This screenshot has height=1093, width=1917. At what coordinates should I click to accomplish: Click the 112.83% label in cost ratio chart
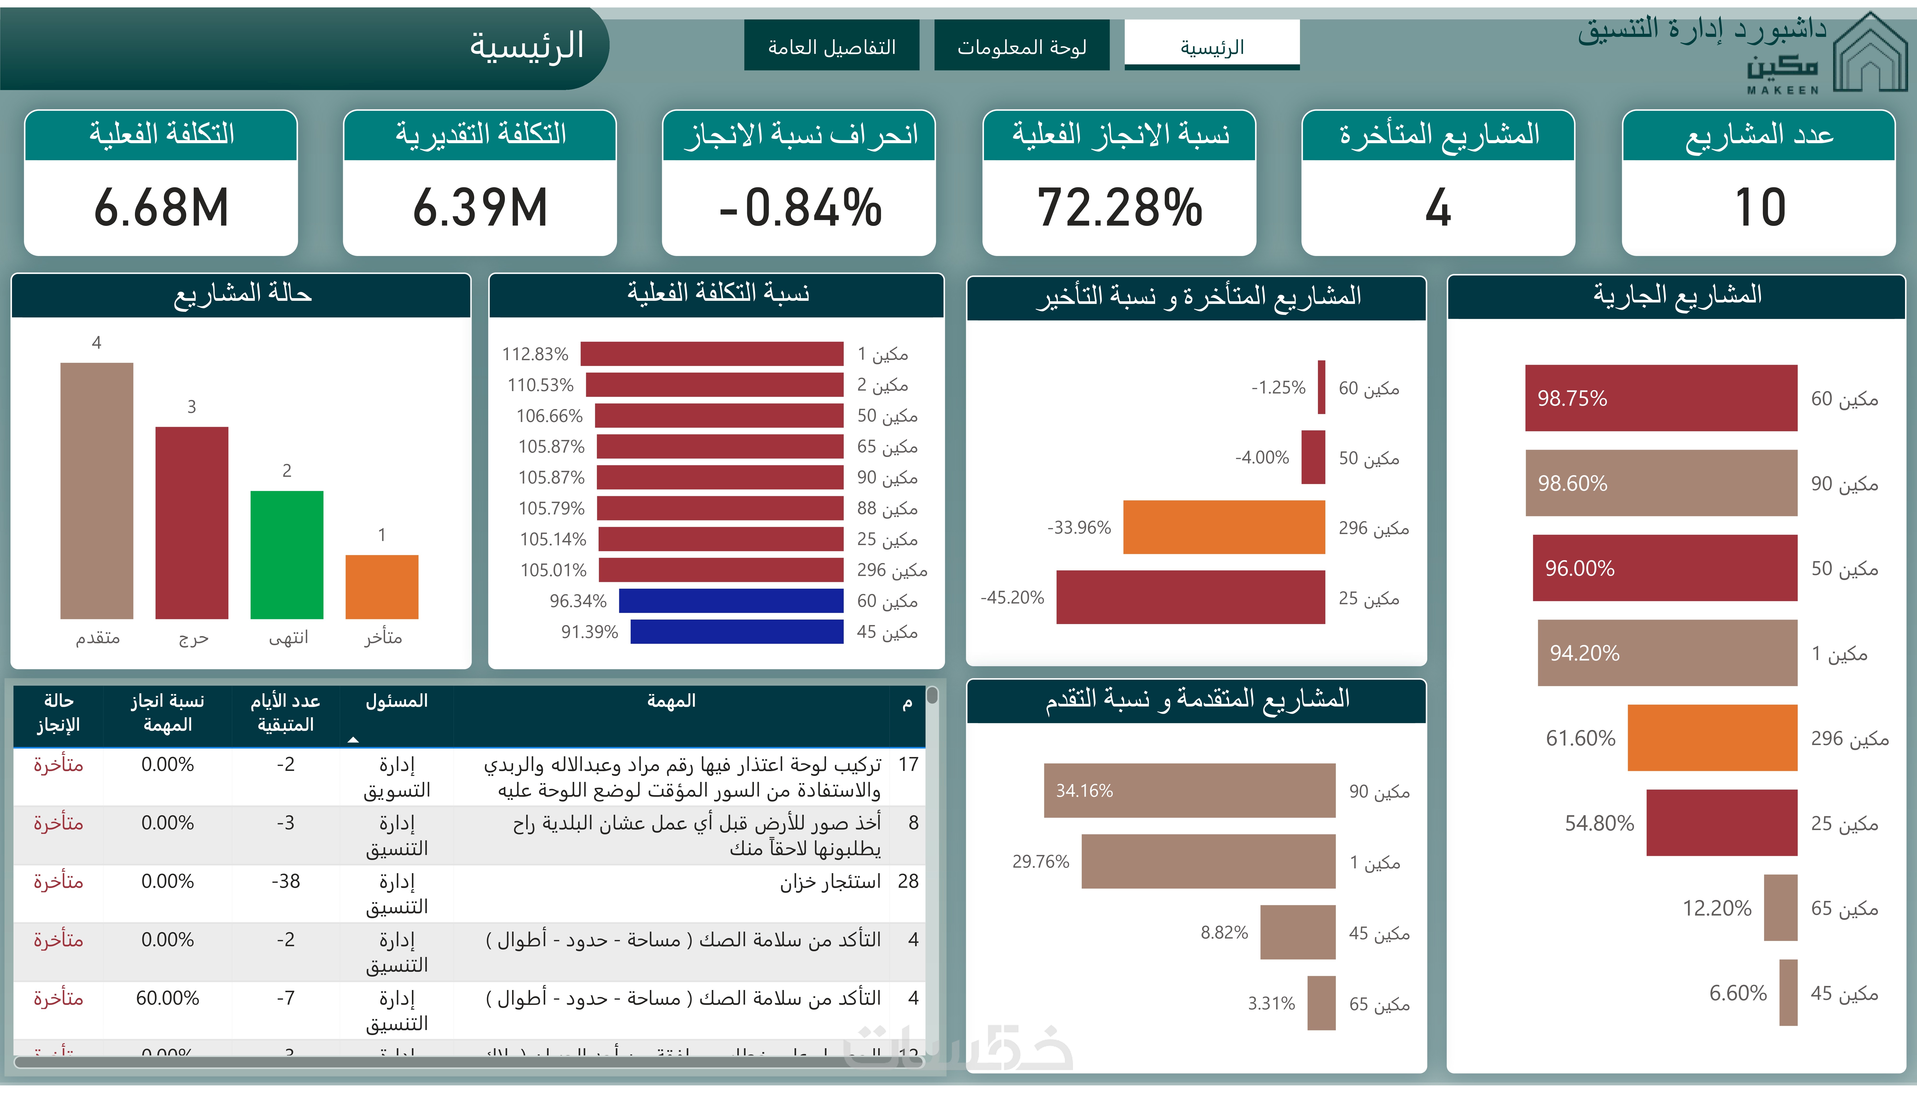click(x=535, y=353)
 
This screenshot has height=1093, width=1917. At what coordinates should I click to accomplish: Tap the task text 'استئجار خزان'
click(x=830, y=881)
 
